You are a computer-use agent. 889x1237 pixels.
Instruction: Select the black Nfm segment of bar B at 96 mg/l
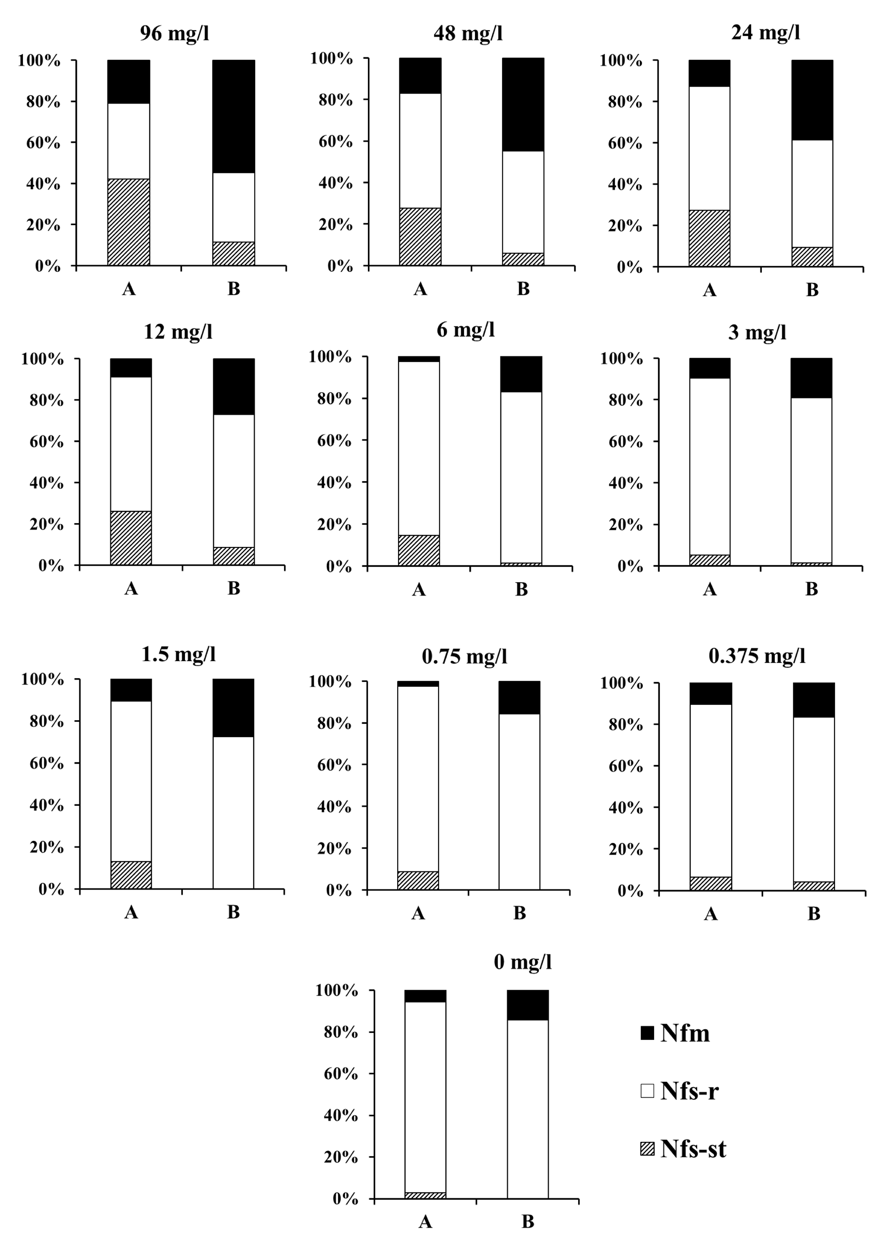coord(234,116)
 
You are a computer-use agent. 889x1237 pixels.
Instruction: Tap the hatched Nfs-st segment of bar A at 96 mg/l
coord(129,222)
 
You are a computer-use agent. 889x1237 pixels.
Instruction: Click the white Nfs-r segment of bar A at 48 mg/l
coord(420,150)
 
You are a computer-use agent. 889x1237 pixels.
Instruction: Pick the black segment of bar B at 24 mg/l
coord(812,100)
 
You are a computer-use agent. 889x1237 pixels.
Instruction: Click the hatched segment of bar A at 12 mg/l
coord(131,538)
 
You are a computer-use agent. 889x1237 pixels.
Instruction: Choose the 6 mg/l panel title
coord(466,330)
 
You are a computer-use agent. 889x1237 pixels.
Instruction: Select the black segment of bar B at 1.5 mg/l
coord(234,707)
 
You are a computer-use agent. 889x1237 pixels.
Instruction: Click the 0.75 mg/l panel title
coord(464,656)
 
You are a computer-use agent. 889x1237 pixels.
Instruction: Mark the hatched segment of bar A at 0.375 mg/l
coord(711,883)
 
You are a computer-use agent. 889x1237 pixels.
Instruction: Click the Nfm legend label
coord(685,1033)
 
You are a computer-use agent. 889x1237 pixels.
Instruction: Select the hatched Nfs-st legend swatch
coord(647,1149)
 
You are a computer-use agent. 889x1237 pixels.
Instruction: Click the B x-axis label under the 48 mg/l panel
coord(523,289)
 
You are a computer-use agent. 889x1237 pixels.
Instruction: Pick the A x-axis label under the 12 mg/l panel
coord(131,588)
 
